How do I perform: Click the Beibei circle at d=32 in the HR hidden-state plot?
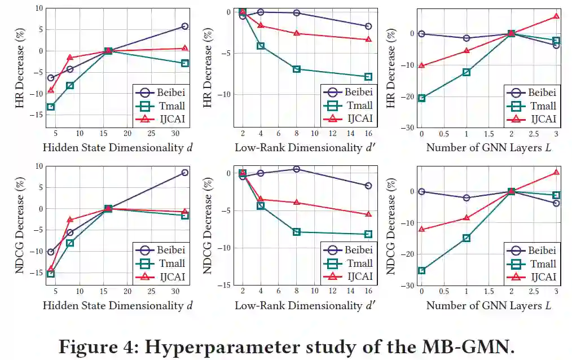(x=185, y=26)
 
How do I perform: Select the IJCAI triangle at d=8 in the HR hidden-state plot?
(x=70, y=57)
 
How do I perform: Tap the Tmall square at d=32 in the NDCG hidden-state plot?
(x=185, y=216)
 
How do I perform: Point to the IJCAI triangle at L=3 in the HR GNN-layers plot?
(x=556, y=16)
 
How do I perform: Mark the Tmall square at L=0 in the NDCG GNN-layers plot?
(x=421, y=270)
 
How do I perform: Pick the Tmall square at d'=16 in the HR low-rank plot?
(x=368, y=77)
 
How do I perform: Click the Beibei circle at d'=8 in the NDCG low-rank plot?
(x=297, y=169)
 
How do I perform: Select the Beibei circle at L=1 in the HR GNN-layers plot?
(x=467, y=38)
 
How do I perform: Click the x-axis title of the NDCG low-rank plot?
(x=305, y=305)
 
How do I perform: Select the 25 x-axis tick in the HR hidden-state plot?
(x=151, y=133)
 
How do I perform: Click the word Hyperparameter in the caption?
(x=217, y=345)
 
